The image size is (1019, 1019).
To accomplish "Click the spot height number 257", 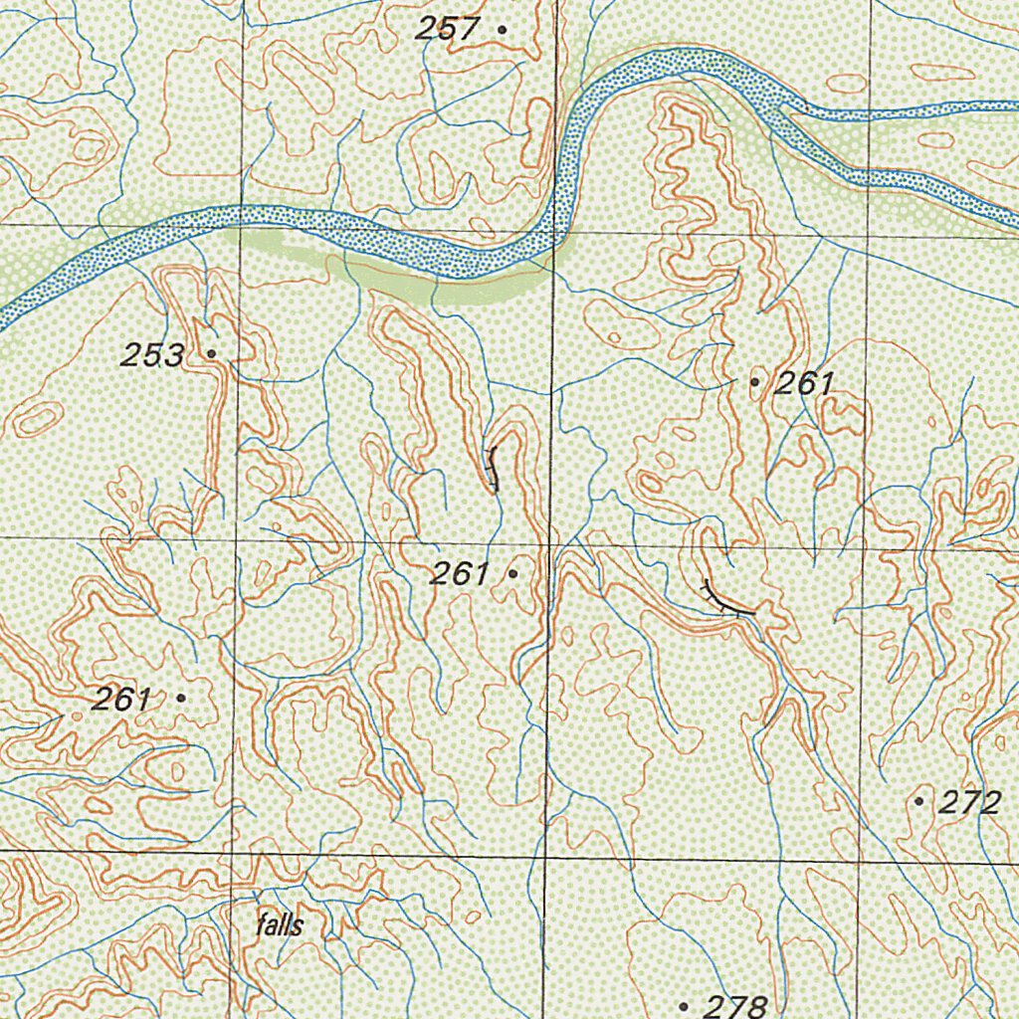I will coord(447,29).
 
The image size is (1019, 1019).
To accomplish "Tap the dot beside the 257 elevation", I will coord(502,30).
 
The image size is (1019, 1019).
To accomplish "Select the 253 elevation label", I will coord(153,354).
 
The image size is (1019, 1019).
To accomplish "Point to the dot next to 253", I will coord(211,353).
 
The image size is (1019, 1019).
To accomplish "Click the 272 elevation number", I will coord(969,803).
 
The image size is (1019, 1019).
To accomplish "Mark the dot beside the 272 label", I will coord(918,801).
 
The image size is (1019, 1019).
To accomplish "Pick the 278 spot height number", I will coord(735,1006).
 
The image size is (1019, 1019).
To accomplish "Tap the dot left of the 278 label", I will coord(684,1007).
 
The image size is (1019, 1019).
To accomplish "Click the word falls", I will coord(279,925).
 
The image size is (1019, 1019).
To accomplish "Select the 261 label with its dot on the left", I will coord(804,383).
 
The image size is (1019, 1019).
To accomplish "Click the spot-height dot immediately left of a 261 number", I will coord(754,382).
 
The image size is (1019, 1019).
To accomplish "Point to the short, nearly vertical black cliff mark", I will coord(491,469).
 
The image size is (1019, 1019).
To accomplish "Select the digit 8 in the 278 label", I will coord(755,1006).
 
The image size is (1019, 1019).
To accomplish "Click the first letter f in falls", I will coord(260,925).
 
